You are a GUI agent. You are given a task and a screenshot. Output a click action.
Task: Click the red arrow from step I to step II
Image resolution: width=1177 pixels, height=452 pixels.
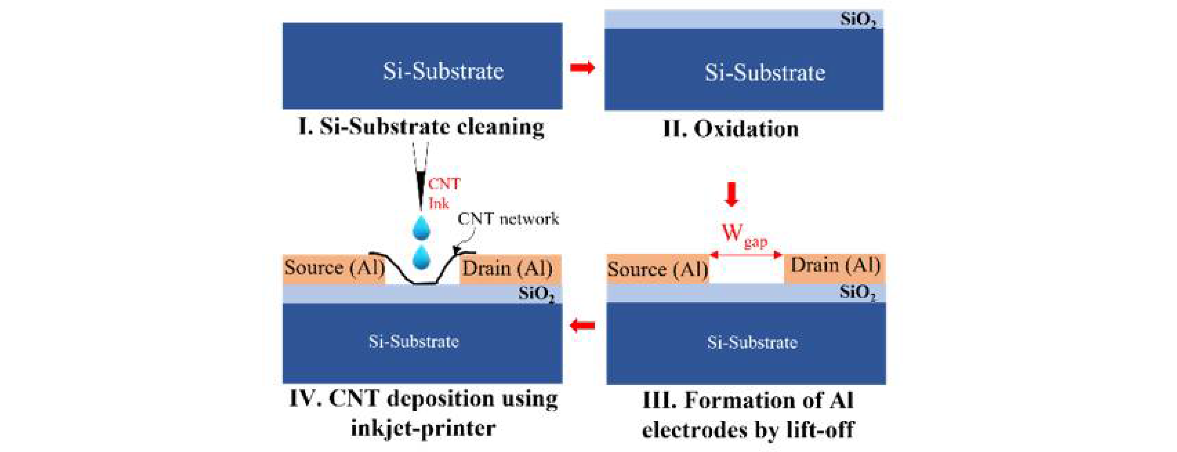tap(582, 68)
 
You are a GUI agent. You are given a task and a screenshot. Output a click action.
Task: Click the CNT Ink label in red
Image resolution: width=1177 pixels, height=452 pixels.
tap(443, 193)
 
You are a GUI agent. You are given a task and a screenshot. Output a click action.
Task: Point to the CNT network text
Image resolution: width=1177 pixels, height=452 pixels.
tap(508, 219)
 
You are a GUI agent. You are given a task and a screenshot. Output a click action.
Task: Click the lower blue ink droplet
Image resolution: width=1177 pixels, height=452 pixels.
tap(421, 257)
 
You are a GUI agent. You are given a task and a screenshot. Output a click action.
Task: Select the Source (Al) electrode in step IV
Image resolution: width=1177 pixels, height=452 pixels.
tap(334, 268)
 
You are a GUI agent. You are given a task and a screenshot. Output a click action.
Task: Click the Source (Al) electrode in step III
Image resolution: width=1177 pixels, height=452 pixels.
tap(657, 269)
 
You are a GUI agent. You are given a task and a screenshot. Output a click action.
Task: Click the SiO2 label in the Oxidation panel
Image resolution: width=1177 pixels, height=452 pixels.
tap(858, 20)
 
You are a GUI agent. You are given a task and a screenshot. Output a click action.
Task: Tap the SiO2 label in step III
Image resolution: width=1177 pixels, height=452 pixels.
tap(858, 293)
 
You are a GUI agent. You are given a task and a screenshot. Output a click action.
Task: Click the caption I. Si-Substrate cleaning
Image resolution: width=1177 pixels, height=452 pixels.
tap(421, 127)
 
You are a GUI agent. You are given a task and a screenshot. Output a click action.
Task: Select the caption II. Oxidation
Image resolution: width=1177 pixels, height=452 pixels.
tap(731, 129)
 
